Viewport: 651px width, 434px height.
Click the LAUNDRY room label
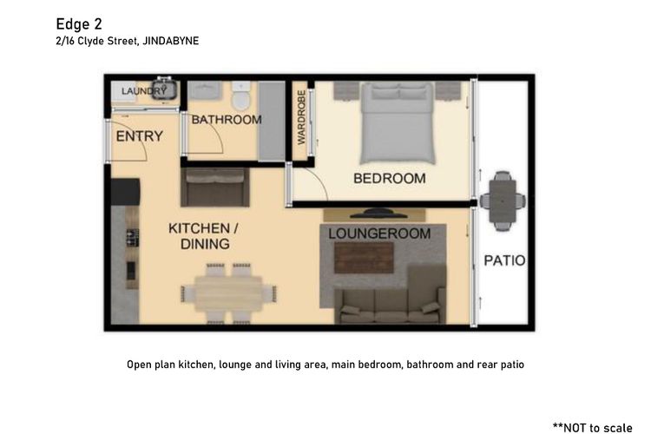(143, 91)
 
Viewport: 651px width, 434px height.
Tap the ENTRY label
(139, 136)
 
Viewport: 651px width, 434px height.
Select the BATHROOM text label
(227, 120)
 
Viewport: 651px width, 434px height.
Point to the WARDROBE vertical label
(301, 117)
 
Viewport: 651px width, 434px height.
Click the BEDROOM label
(390, 179)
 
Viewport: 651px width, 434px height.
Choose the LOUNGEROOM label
(379, 233)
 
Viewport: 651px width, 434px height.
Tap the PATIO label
(504, 260)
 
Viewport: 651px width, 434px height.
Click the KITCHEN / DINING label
(203, 236)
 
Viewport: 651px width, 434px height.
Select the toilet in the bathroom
(240, 96)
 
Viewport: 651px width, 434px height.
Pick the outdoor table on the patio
(503, 201)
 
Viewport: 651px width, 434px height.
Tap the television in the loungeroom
(378, 214)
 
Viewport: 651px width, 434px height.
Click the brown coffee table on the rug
(364, 258)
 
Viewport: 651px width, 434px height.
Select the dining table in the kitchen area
(228, 294)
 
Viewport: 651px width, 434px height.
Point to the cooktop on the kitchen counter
(133, 238)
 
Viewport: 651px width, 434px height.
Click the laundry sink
(164, 89)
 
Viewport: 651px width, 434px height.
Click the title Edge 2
(79, 24)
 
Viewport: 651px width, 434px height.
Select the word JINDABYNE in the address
(171, 41)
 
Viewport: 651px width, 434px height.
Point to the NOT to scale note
(593, 427)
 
